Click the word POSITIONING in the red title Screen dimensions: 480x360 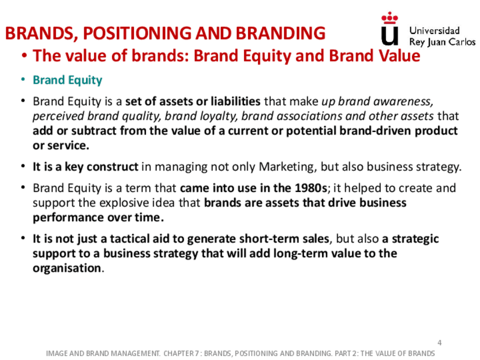[137, 33]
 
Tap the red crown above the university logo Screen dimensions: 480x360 [389, 18]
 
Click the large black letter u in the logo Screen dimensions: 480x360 [389, 36]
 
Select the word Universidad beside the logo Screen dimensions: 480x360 [434, 31]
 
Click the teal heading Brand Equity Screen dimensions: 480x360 [67, 80]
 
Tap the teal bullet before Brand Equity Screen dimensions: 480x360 [23, 80]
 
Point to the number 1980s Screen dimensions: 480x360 [311, 188]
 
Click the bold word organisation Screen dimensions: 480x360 [67, 268]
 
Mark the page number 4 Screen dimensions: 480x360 [440, 343]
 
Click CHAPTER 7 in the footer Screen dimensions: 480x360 [181, 353]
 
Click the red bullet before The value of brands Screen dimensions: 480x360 [24, 56]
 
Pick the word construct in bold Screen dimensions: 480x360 [112, 167]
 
